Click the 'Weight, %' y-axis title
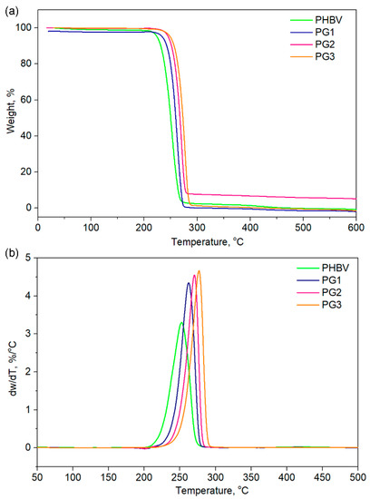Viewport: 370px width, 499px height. [10, 116]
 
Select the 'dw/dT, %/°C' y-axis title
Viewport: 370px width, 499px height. [10, 359]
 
